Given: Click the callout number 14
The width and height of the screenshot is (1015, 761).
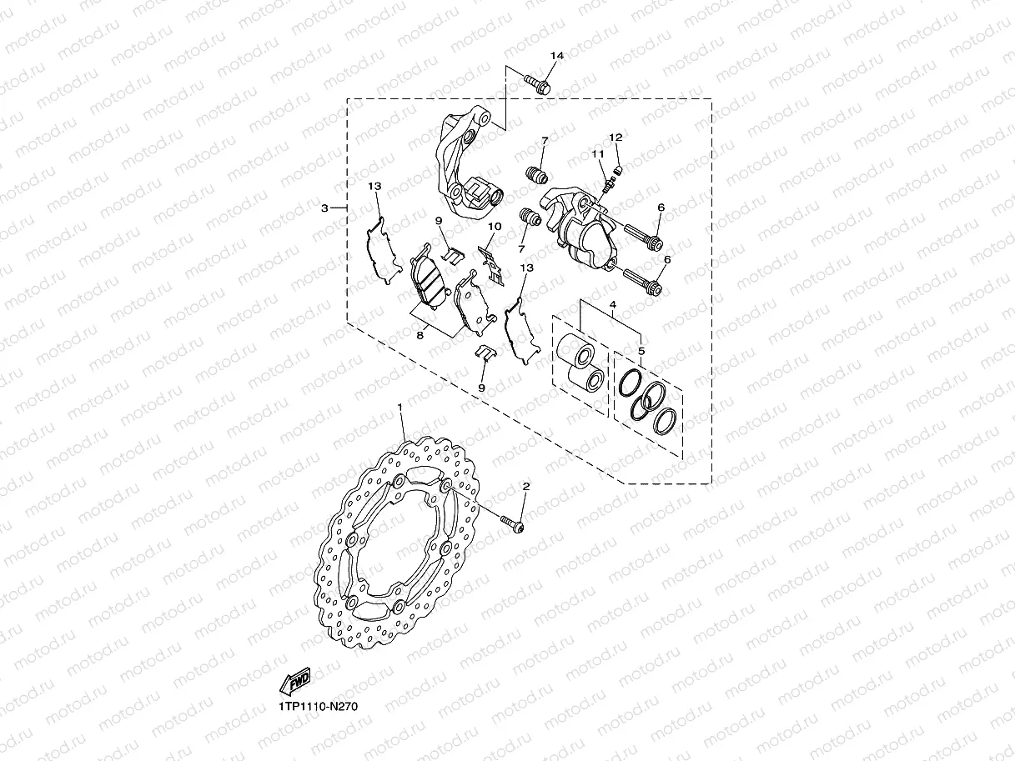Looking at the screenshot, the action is click(557, 56).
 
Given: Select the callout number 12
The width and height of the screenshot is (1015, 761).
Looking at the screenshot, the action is click(616, 138).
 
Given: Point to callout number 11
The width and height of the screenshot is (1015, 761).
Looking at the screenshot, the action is click(597, 153).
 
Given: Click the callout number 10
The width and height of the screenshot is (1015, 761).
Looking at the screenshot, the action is click(495, 227).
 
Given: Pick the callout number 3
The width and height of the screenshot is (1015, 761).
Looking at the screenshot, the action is click(324, 208).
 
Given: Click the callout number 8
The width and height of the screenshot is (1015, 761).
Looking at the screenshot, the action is click(420, 335).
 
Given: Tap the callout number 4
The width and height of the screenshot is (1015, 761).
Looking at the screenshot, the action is click(613, 305).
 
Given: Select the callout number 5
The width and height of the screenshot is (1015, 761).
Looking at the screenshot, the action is click(641, 351).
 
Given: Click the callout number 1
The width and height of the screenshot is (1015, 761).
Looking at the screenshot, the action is click(400, 407).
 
